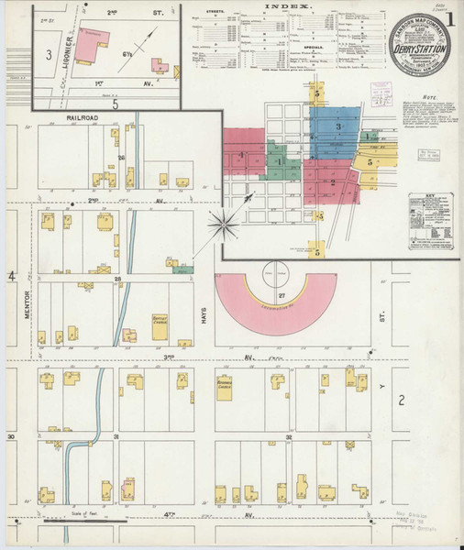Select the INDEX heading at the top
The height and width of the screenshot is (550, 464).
click(x=287, y=7)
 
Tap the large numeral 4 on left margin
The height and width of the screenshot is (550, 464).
click(x=13, y=276)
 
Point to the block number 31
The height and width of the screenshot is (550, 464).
click(x=116, y=438)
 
